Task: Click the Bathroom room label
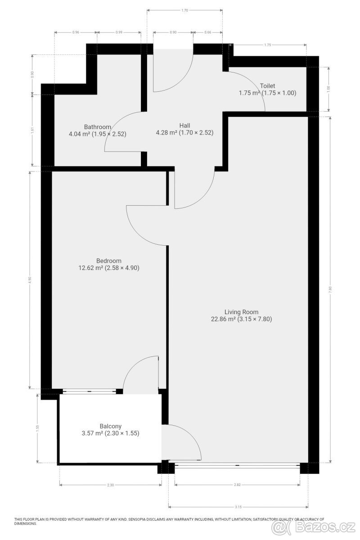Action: tap(97, 127)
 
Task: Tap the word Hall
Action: tap(184, 126)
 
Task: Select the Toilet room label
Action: tap(267, 86)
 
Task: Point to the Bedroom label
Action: tap(109, 261)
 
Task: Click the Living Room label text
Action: tap(241, 312)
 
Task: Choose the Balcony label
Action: tap(110, 426)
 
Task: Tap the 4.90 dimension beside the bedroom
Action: tap(30, 280)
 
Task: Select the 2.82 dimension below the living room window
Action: tap(237, 485)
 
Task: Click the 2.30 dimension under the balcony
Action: tap(110, 485)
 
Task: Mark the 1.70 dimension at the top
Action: tap(184, 10)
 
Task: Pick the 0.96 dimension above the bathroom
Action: tap(76, 32)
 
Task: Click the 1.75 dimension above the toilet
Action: tap(268, 45)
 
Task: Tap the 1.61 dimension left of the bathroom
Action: tap(33, 130)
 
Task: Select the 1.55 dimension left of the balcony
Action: tap(37, 427)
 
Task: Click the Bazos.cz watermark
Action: tap(314, 528)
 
